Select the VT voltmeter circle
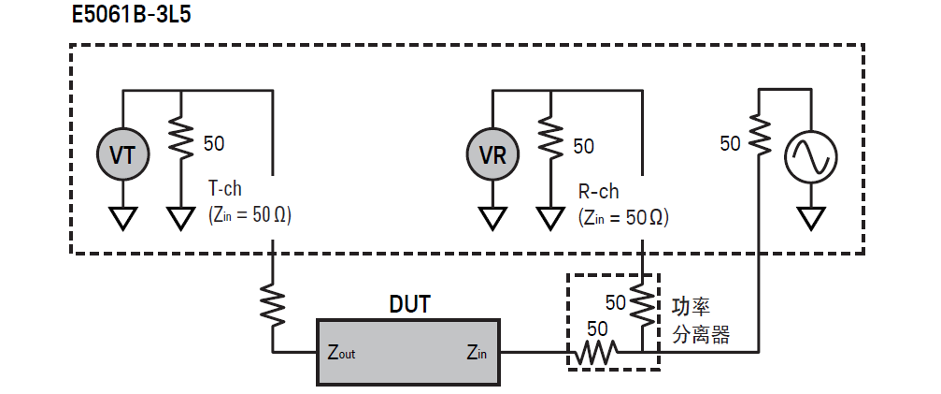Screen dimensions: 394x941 (x=122, y=154)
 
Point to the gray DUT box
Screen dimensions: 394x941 (x=410, y=351)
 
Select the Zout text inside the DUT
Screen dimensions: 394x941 (x=341, y=353)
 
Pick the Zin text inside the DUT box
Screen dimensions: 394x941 (x=478, y=353)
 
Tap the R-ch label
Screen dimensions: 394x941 (x=598, y=192)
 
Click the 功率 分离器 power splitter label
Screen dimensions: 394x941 (x=701, y=319)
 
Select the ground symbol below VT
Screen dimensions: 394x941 (x=122, y=217)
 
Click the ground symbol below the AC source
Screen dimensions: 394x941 (x=809, y=217)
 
